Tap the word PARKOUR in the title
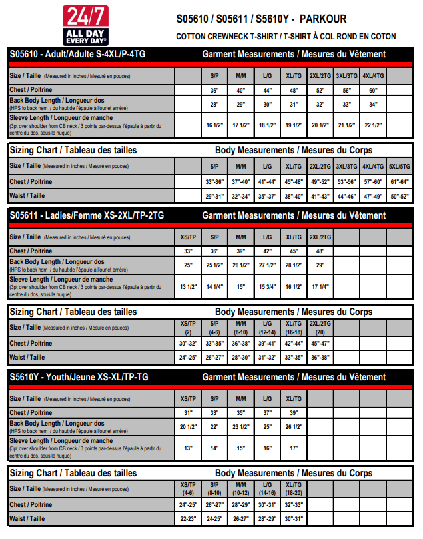tap(324, 19)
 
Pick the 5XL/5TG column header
tap(400, 167)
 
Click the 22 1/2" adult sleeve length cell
tap(373, 125)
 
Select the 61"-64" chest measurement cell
tap(400, 181)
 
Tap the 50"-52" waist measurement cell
tap(400, 196)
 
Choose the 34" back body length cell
tap(373, 105)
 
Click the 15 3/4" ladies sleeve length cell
tap(267, 286)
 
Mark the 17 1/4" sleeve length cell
tap(320, 286)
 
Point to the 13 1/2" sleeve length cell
tap(188, 286)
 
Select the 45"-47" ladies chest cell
tap(320, 343)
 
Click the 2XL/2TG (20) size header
tap(320, 328)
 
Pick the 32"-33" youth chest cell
tap(294, 504)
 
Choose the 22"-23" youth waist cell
tap(188, 518)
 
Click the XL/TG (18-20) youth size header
tap(294, 489)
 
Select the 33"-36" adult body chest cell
tap(214, 181)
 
